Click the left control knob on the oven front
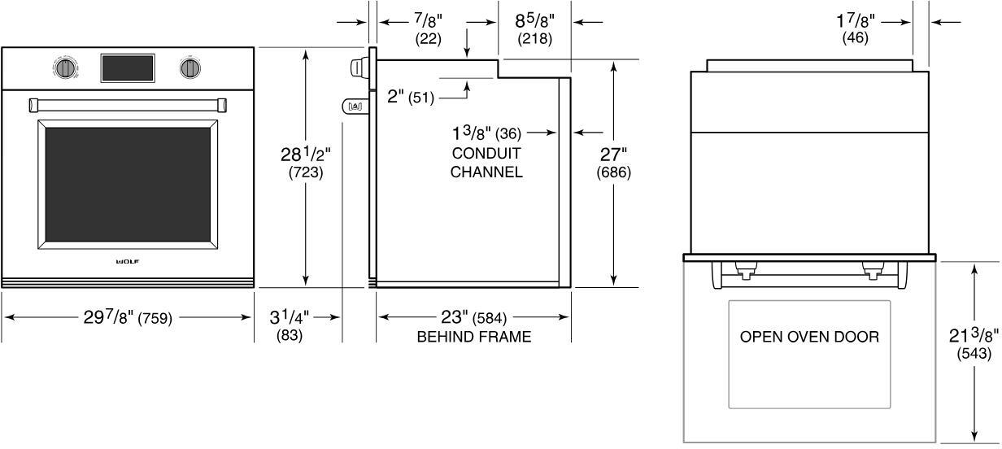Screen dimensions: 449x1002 point(66,68)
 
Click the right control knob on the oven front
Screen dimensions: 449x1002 point(190,68)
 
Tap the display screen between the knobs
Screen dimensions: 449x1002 point(127,68)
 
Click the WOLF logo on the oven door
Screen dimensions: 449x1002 point(127,261)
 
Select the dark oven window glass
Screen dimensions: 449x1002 point(127,185)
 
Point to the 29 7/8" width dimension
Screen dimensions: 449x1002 point(128,318)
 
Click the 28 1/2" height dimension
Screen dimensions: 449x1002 point(305,163)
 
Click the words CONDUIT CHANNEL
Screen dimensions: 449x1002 point(486,163)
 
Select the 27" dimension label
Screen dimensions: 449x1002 point(613,163)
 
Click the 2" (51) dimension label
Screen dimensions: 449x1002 point(411,97)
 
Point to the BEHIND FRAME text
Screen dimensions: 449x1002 point(473,337)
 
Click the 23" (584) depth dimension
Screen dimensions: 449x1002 point(473,317)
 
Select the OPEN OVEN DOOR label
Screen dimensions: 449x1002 point(809,337)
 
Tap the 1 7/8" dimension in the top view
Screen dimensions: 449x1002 point(855,28)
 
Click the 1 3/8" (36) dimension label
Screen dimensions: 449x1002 point(486,132)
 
